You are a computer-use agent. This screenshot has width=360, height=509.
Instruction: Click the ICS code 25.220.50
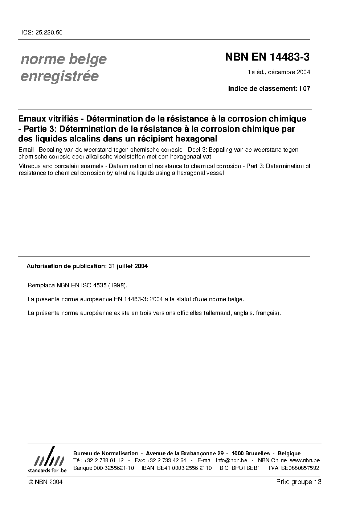pos(49,32)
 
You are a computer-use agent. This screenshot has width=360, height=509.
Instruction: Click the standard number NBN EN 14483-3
pos(267,57)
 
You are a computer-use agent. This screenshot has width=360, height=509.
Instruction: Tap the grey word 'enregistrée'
pos(60,77)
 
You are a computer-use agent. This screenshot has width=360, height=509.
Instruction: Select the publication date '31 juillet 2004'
pos(128,266)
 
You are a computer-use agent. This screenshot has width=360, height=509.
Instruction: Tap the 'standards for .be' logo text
pos(47,470)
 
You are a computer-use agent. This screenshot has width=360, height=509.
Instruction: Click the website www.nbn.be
pos(305,460)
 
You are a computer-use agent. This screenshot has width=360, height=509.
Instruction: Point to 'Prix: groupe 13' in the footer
pos(299,482)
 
